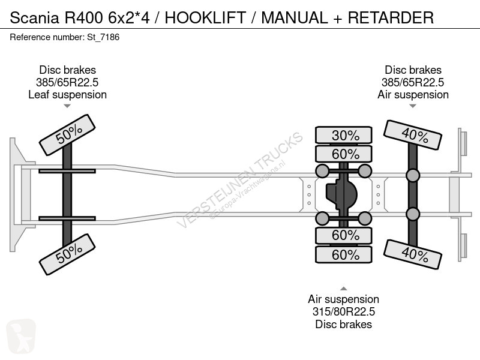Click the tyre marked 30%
(x=343, y=135)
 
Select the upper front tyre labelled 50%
(x=67, y=135)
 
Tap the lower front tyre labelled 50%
(x=67, y=254)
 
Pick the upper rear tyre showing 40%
(x=413, y=135)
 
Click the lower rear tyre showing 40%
(x=413, y=254)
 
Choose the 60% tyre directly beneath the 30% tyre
(x=343, y=154)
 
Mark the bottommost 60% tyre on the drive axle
(x=343, y=254)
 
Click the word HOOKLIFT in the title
(x=205, y=17)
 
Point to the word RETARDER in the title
(x=391, y=17)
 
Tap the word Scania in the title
(x=34, y=17)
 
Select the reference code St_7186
(x=103, y=37)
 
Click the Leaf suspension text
(x=67, y=95)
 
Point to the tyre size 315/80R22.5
(x=343, y=311)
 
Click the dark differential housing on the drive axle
(x=341, y=194)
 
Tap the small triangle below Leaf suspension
(x=67, y=106)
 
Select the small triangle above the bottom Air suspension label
(x=343, y=289)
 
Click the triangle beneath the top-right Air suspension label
(x=413, y=106)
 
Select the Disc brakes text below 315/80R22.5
(x=343, y=324)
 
